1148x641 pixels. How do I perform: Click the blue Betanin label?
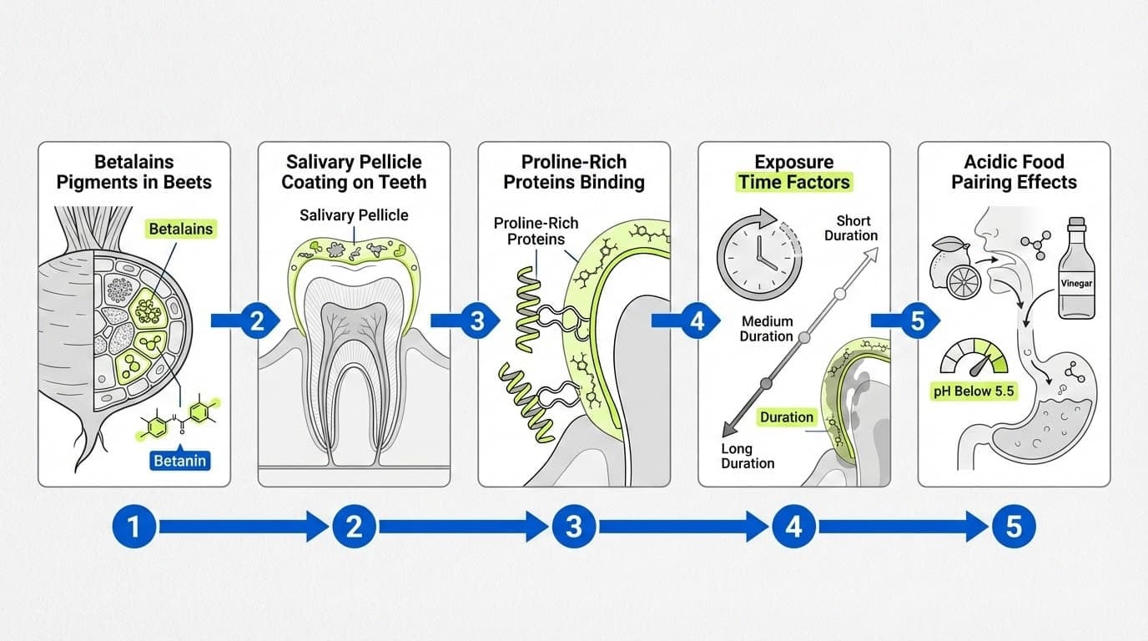179,459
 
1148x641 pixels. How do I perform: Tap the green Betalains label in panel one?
181,229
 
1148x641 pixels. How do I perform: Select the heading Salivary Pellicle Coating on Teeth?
354,172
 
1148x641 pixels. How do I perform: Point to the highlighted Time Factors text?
793,182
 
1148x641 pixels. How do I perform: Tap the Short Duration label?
851,228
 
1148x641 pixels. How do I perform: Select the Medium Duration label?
766,329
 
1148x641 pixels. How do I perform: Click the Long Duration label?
748,456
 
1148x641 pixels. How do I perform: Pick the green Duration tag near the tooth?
786,417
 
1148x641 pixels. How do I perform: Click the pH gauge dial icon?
974,357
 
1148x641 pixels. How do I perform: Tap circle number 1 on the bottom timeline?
133,526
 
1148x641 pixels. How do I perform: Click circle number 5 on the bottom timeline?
1013,526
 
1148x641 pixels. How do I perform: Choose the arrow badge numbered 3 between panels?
477,321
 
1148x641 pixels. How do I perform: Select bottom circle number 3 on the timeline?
573,526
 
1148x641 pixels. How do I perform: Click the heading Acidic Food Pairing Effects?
1014,172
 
